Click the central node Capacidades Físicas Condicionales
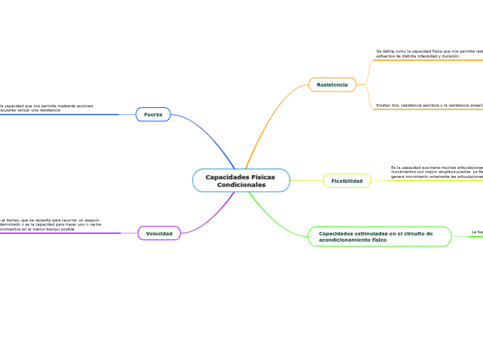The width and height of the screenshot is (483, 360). click(x=241, y=181)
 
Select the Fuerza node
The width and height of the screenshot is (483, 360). click(x=153, y=114)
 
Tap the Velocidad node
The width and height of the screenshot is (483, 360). click(x=159, y=233)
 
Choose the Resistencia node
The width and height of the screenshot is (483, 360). click(x=332, y=84)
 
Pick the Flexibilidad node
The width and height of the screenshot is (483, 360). click(x=346, y=181)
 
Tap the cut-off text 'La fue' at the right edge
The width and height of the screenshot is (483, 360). click(x=477, y=232)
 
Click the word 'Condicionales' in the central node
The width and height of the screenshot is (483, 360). click(x=241, y=185)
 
